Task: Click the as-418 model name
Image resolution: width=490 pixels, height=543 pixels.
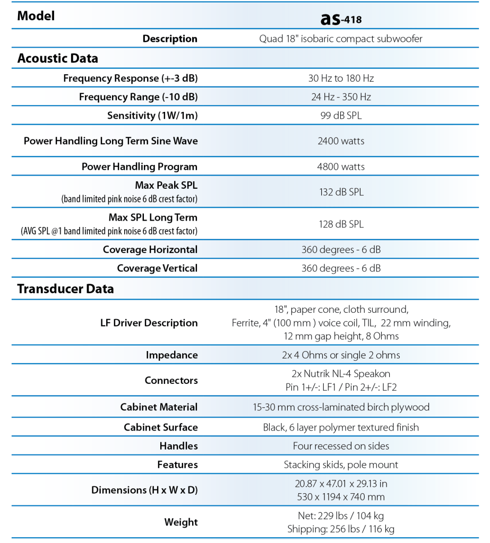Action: (x=341, y=19)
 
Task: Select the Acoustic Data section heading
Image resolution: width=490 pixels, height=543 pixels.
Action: (x=57, y=58)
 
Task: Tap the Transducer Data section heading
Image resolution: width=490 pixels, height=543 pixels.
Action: (x=65, y=289)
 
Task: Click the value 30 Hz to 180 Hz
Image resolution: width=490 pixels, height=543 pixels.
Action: (x=341, y=78)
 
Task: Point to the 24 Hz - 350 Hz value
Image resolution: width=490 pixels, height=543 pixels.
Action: (x=341, y=97)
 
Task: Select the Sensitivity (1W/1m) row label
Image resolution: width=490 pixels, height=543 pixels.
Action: (x=152, y=116)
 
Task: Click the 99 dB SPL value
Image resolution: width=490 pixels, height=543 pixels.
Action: (x=341, y=116)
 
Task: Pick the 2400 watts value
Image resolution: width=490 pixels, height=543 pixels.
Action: (x=341, y=141)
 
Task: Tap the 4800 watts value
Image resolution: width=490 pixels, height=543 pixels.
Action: (x=341, y=167)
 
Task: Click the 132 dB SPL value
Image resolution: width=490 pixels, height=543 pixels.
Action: (x=341, y=192)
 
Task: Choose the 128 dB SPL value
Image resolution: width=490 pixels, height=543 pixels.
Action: (x=341, y=224)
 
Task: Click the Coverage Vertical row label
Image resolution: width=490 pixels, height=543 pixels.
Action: (x=157, y=268)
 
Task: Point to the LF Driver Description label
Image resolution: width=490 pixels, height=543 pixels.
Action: (x=149, y=323)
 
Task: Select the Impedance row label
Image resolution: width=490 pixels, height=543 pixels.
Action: (x=171, y=355)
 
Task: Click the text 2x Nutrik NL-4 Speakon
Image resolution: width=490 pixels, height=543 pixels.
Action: (x=341, y=373)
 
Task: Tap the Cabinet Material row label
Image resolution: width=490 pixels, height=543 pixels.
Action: (x=159, y=407)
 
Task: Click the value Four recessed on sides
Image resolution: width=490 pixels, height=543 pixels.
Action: (x=341, y=446)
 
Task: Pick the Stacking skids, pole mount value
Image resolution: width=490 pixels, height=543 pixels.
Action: (x=341, y=465)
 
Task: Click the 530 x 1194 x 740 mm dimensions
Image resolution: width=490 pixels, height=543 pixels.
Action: (x=341, y=497)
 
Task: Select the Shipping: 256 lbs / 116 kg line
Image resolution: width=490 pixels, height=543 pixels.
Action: (x=341, y=529)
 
